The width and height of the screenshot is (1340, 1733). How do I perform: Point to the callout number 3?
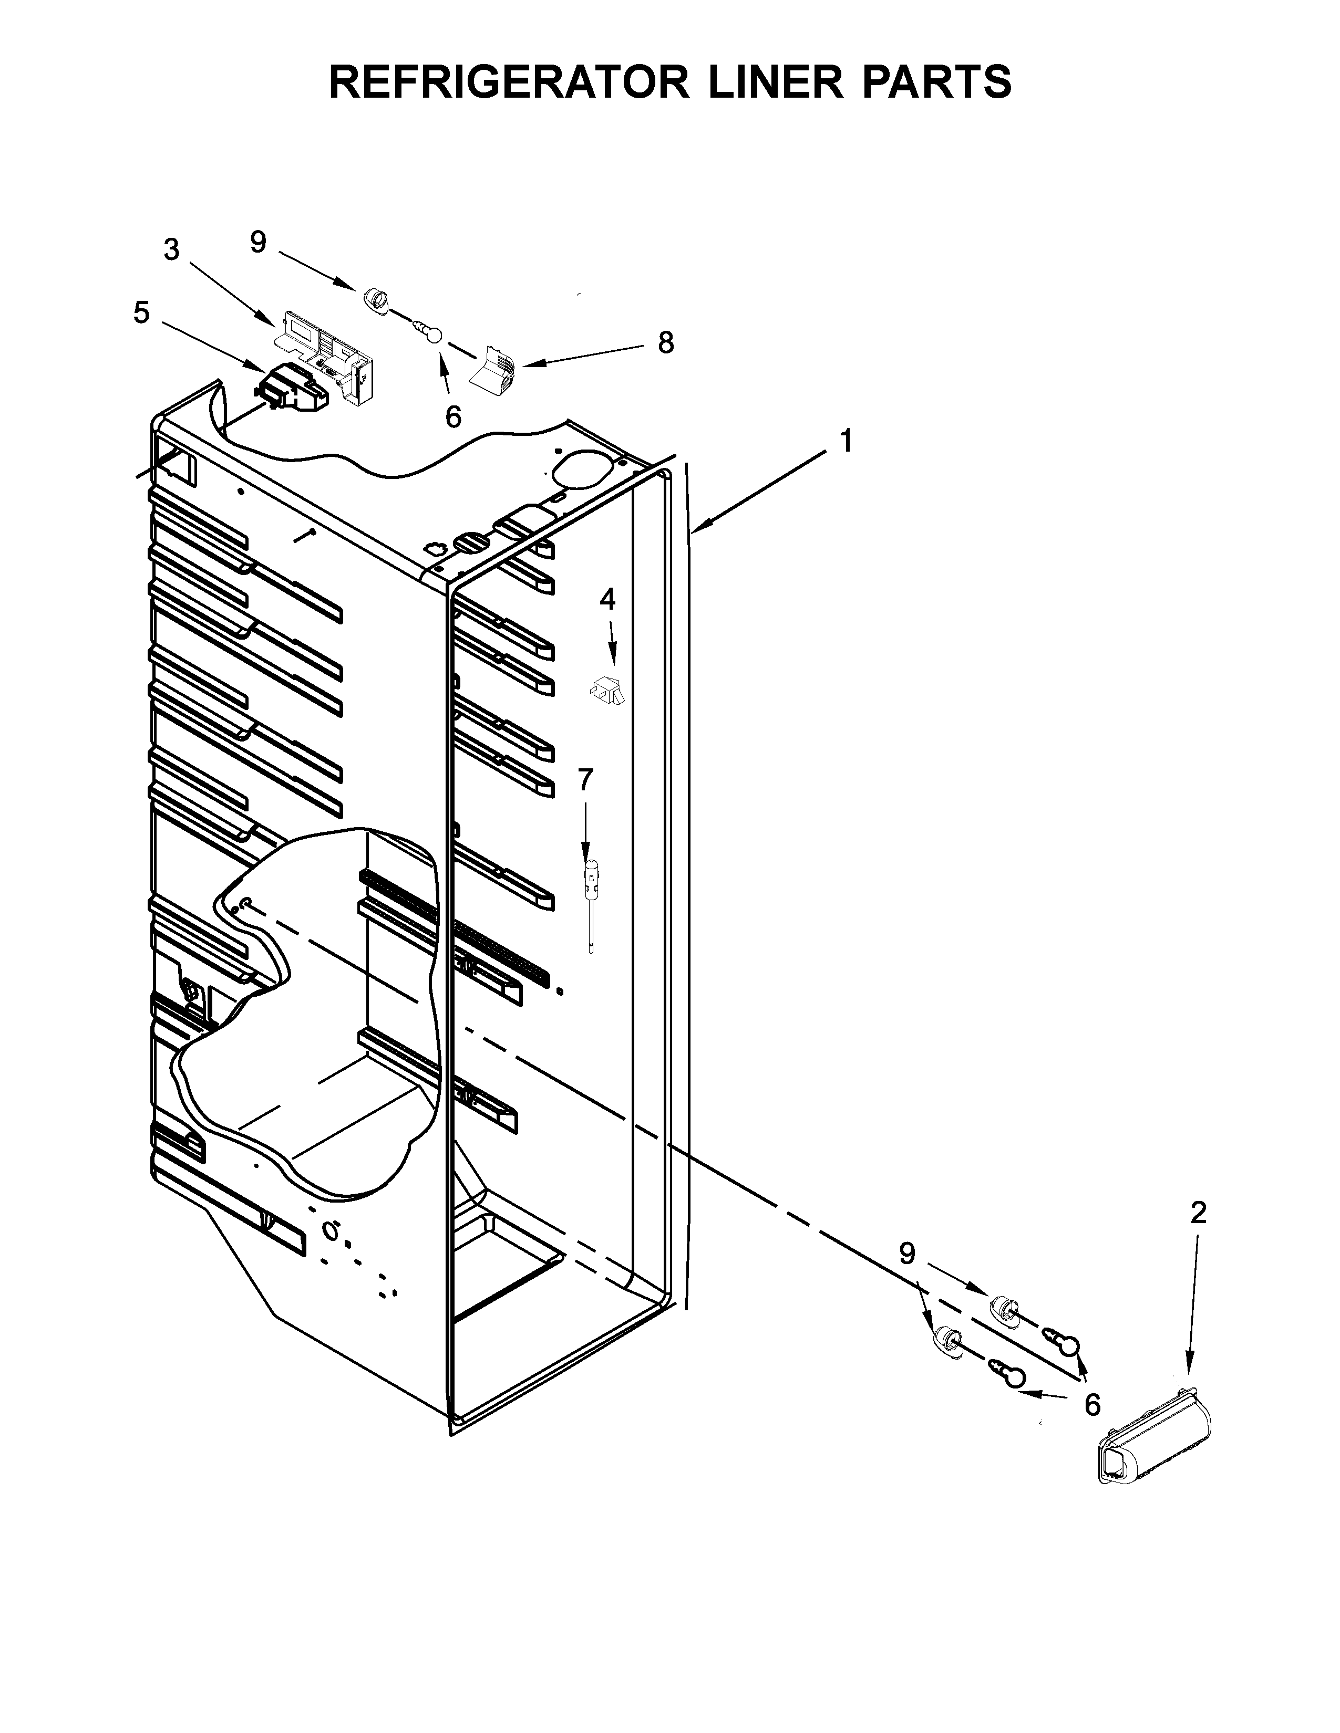pos(171,250)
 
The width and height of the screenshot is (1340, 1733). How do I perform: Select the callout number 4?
pos(607,599)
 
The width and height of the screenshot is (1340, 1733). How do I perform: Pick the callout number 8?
pos(665,343)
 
